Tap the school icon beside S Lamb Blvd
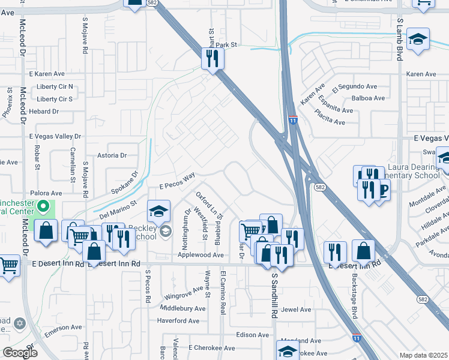418,40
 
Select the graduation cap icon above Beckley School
158,211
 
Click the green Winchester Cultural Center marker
42,207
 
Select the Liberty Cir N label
55,87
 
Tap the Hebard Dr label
44,112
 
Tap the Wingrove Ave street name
184,293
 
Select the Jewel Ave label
296,310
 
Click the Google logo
20,353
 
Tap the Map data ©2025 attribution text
423,355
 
